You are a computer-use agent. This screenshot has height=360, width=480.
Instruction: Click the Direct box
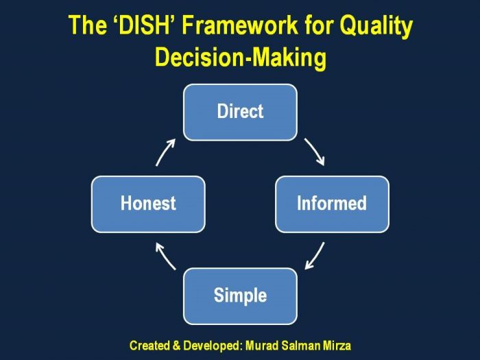[x=240, y=112]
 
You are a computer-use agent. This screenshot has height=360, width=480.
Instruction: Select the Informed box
[x=332, y=204]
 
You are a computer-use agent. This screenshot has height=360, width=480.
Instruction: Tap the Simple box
[x=240, y=296]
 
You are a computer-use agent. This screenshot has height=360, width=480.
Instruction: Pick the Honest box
[x=148, y=204]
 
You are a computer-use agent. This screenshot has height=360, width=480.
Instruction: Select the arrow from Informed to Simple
[x=314, y=255]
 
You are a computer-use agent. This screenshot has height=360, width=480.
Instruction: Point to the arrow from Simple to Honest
[x=166, y=256]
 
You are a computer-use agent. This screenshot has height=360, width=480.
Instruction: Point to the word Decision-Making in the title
[x=240, y=58]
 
